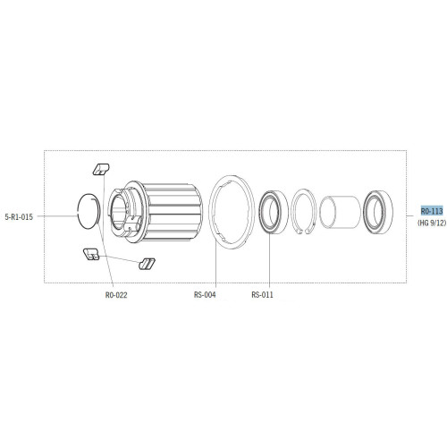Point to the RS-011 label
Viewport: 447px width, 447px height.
click(263, 294)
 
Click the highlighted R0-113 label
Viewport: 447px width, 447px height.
click(431, 210)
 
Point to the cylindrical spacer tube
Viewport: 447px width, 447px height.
click(339, 215)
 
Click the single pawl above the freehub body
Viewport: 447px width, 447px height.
click(100, 168)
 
